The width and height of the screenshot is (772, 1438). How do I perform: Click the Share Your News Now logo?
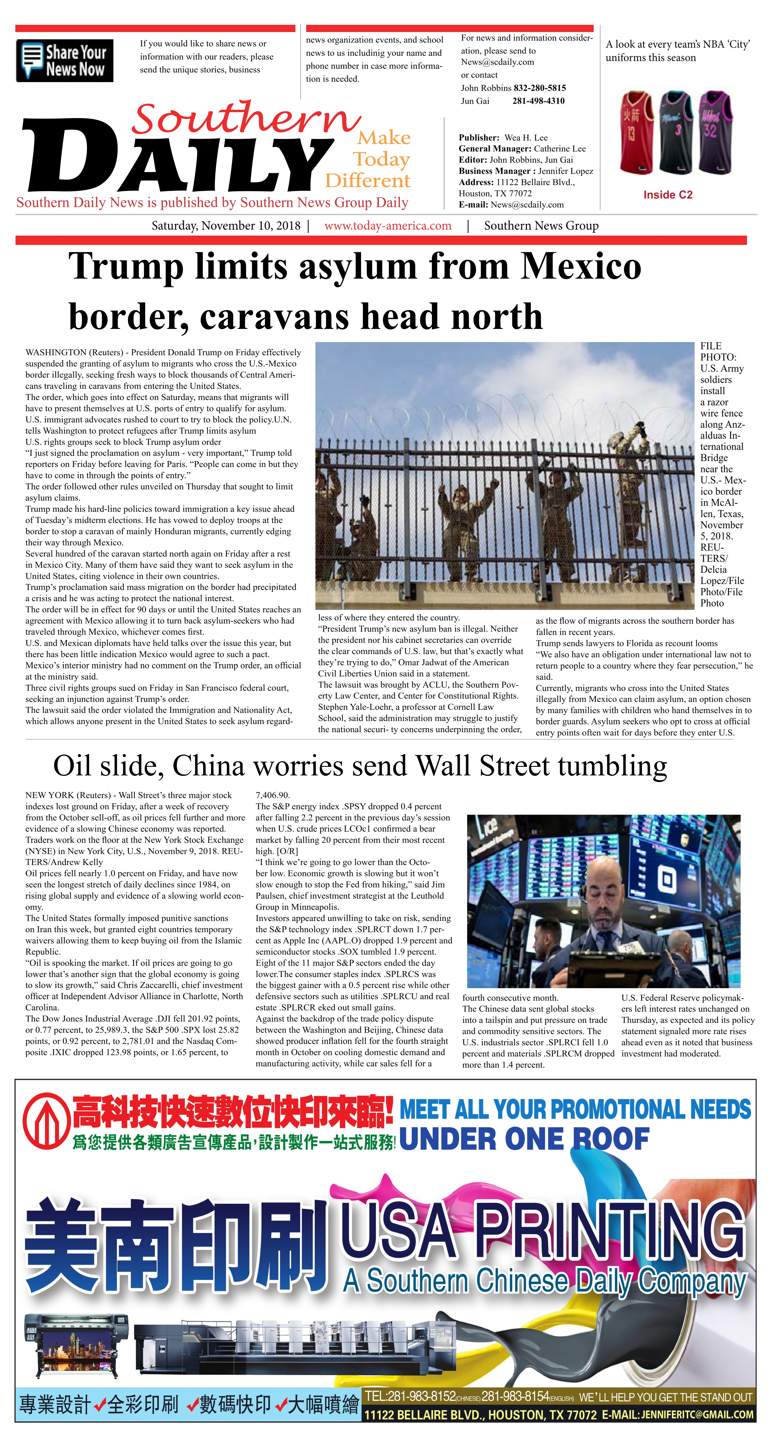65,61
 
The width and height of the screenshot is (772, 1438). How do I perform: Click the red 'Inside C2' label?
668,195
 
